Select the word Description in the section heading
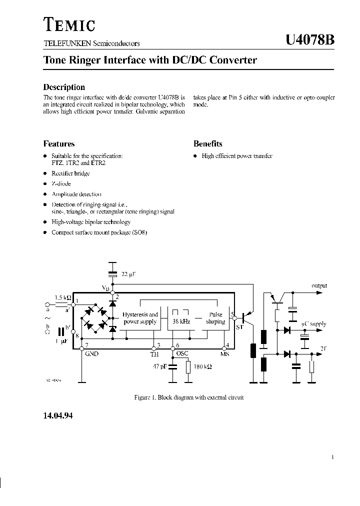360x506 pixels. (64, 87)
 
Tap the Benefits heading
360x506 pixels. (207, 143)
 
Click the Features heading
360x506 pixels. (59, 143)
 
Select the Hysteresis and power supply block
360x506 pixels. (140, 318)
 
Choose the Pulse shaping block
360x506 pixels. (215, 318)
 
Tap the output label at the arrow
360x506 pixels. (319, 286)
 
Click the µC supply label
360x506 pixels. (313, 324)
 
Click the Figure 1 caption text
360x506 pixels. (189, 397)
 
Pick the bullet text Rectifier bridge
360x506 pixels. (70, 173)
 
